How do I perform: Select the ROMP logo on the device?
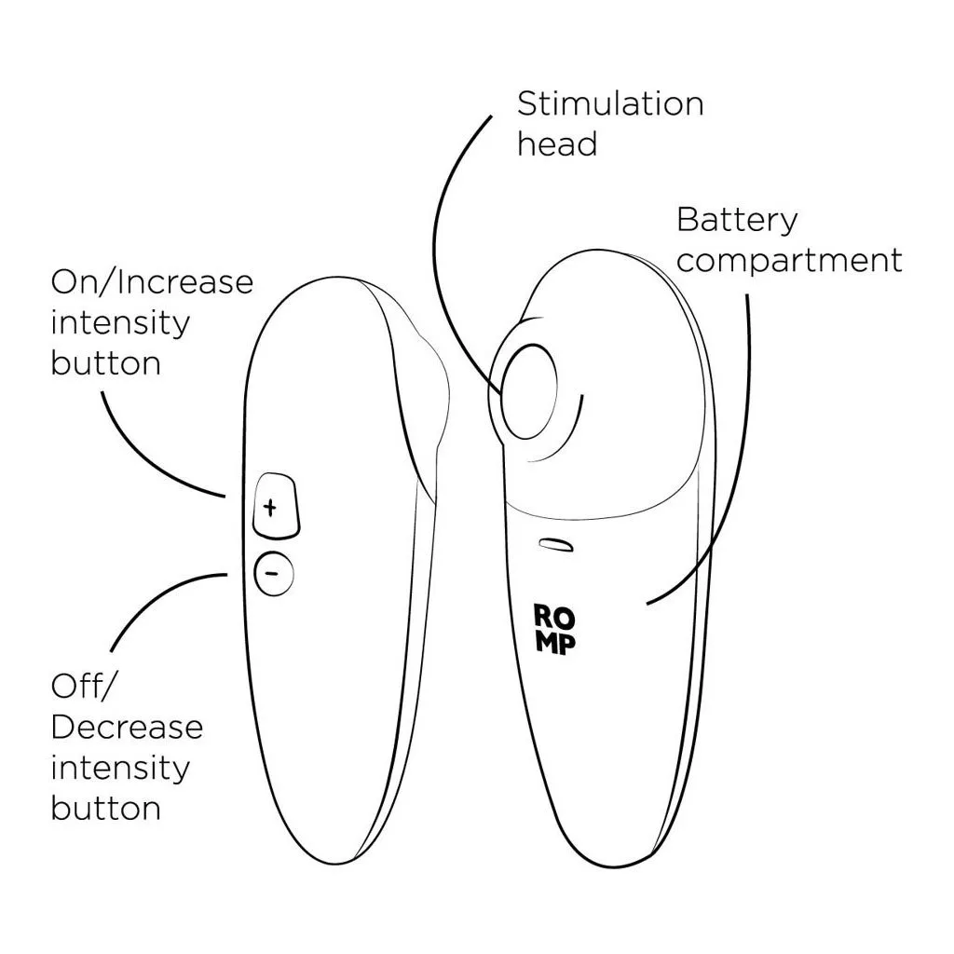point(554,629)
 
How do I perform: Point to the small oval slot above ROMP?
point(556,544)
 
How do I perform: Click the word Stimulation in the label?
point(610,103)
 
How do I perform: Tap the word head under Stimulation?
point(556,144)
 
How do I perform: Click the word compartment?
point(789,261)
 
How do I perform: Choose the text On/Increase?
point(152,281)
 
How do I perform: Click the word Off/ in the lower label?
point(83,688)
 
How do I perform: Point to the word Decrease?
point(127,728)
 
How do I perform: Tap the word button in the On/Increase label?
point(105,362)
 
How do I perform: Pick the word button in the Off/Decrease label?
point(105,808)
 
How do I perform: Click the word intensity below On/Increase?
point(119,322)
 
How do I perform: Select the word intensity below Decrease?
point(119,768)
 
